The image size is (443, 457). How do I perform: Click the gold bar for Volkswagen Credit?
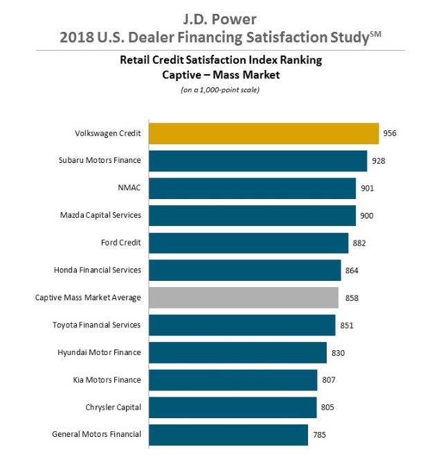pyautogui.click(x=264, y=133)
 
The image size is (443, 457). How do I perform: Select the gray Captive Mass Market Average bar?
pyautogui.click(x=244, y=298)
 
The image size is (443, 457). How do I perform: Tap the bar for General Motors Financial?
pyautogui.click(x=228, y=435)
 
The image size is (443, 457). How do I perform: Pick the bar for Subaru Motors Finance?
pyautogui.click(x=257, y=161)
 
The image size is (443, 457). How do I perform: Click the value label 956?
pyautogui.click(x=391, y=133)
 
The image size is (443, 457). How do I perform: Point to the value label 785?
pyautogui.click(x=320, y=435)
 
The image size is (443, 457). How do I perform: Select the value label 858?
pyautogui.click(x=350, y=298)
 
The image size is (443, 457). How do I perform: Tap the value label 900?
pyautogui.click(x=367, y=216)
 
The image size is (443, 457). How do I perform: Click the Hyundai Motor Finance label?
pyautogui.click(x=99, y=352)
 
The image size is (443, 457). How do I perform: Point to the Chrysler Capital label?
pyautogui.click(x=112, y=407)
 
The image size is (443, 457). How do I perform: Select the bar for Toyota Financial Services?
pyautogui.click(x=242, y=325)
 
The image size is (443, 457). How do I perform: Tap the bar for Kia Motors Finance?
pyautogui.click(x=233, y=380)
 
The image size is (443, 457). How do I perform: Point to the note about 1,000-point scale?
pyautogui.click(x=221, y=89)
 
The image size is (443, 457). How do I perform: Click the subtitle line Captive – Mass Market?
pyautogui.click(x=221, y=75)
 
